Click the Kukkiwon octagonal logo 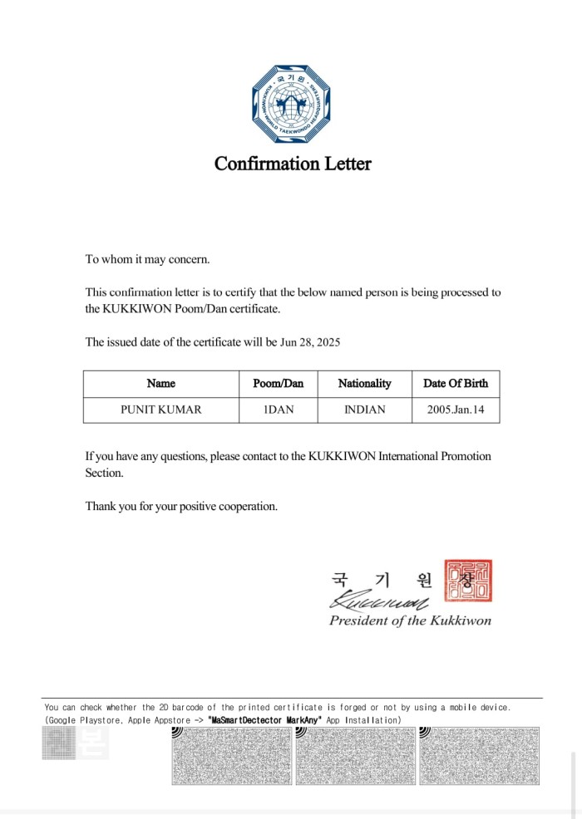point(292,105)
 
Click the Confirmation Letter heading point(293,164)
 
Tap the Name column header point(160,384)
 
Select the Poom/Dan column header point(279,384)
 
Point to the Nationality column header point(364,384)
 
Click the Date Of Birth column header point(456,384)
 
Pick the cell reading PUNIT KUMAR point(160,409)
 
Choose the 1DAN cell point(279,409)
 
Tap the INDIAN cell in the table point(364,409)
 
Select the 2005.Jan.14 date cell point(456,409)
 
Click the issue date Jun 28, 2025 point(310,342)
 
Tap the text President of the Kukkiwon point(410,620)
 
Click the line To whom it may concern point(147,259)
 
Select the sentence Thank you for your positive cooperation point(181,506)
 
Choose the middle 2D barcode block point(355,756)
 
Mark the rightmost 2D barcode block point(479,756)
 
